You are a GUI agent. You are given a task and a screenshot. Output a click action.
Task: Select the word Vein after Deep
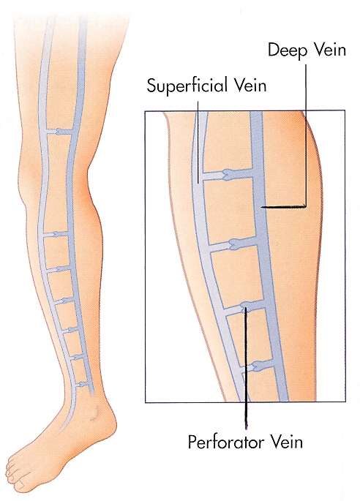pos(331,50)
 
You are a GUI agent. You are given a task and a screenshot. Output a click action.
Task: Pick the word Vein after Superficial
pos(251,85)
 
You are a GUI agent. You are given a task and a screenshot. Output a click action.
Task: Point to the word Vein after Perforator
pos(287,442)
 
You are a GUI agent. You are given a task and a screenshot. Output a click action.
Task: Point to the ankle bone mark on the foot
pos(94,413)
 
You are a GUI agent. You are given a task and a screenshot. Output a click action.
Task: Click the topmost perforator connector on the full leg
pos(59,132)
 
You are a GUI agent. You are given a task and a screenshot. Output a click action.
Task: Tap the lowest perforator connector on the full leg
pos(83,384)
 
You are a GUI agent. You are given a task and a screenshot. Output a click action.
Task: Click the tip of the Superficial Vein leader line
pos(198,183)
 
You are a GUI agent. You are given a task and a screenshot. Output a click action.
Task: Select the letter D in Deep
pos(274,50)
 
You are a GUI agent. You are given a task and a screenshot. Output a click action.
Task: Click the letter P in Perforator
pos(192,442)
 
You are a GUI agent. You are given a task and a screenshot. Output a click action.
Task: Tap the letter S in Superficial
pos(151,85)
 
